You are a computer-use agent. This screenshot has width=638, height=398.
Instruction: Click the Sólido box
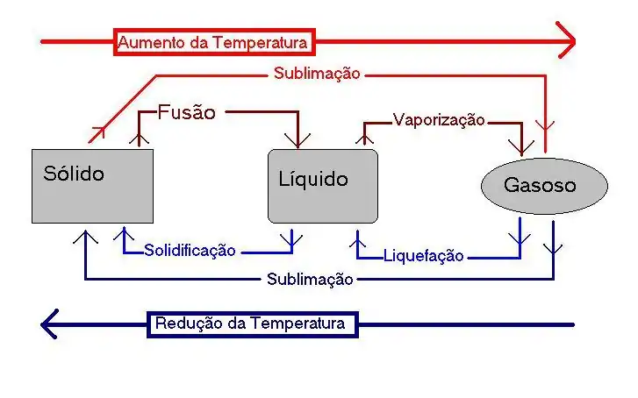click(x=92, y=185)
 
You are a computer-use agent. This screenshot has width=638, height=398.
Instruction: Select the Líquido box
click(x=322, y=186)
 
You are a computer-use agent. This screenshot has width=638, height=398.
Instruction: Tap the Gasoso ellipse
click(x=544, y=186)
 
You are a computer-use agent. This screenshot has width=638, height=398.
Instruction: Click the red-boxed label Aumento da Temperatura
click(x=213, y=42)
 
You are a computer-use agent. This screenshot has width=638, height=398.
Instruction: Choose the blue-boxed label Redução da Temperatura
click(x=252, y=323)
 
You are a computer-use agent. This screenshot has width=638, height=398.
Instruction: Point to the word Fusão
click(x=186, y=112)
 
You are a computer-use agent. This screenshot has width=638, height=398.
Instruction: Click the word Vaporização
click(x=438, y=120)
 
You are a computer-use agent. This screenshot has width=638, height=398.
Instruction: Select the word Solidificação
click(x=190, y=251)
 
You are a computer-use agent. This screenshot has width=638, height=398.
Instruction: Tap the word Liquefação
click(x=424, y=257)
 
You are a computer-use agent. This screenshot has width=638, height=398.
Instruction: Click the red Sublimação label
click(x=316, y=74)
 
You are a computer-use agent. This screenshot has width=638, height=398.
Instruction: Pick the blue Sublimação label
click(x=310, y=279)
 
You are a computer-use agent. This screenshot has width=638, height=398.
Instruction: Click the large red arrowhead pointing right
click(x=566, y=40)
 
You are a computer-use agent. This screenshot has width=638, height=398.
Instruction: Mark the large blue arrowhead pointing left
click(x=51, y=323)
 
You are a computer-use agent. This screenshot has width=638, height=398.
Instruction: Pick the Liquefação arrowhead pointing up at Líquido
click(x=357, y=237)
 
